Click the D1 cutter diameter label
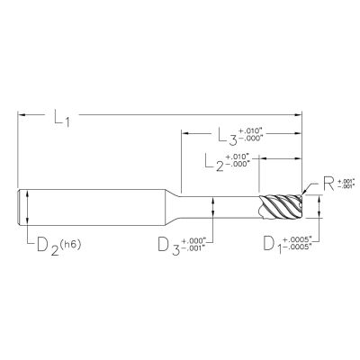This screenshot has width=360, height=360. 271,244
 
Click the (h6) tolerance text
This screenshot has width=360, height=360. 78,238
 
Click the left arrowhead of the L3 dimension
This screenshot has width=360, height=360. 186,134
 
